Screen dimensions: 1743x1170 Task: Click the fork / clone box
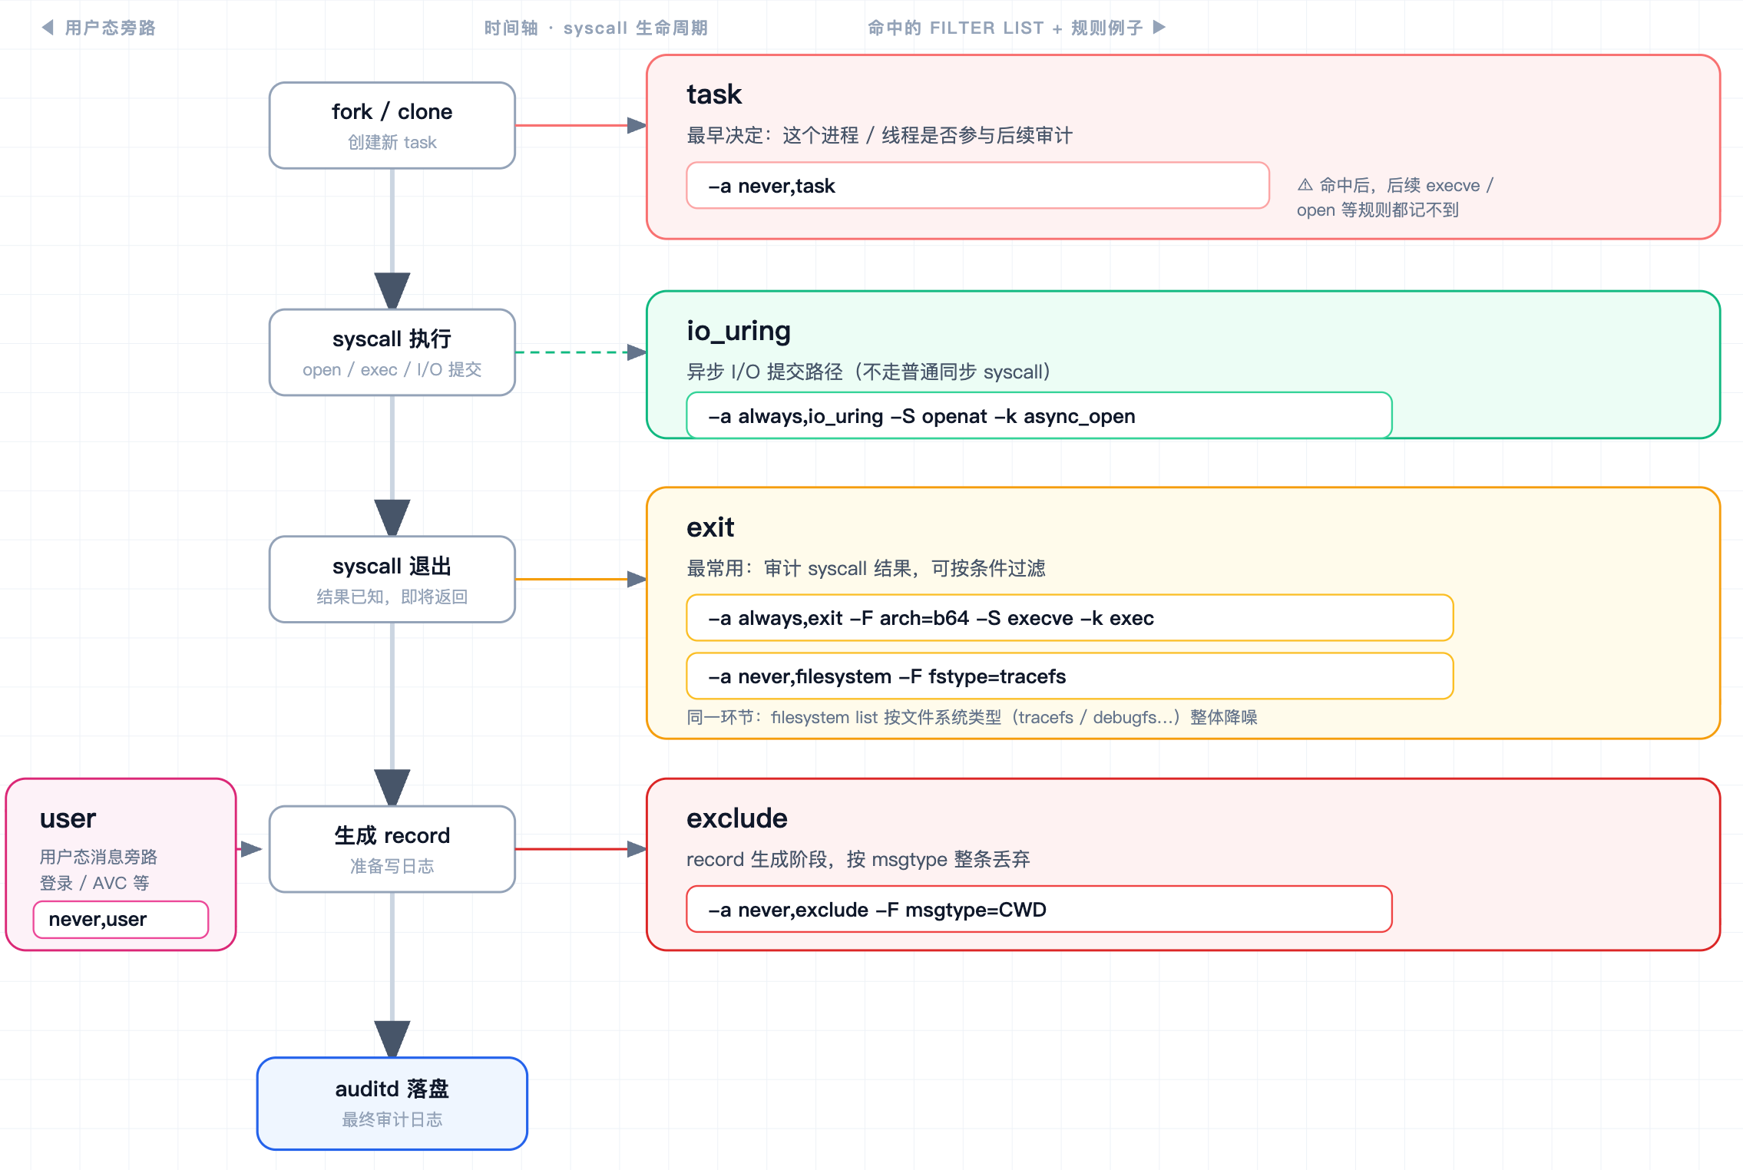[x=392, y=125]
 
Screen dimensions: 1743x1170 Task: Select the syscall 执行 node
[x=392, y=352]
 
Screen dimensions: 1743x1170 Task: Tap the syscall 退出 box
[x=392, y=580]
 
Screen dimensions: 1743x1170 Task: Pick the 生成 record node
[x=392, y=849]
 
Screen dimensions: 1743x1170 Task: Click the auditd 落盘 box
[x=392, y=1103]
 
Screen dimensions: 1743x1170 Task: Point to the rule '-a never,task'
[x=977, y=185]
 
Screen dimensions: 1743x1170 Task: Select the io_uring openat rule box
[x=1039, y=415]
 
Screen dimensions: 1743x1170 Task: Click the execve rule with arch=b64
[x=1070, y=618]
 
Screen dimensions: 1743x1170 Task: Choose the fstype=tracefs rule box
[x=1070, y=676]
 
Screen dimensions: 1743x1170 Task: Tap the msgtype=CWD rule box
[x=1039, y=909]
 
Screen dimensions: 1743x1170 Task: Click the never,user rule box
[x=121, y=919]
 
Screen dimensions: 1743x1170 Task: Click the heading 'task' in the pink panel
[x=714, y=94]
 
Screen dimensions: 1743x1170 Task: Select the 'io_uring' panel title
[x=739, y=331]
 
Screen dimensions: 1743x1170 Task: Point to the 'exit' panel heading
[x=710, y=527]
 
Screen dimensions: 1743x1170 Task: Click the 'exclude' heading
[x=737, y=818]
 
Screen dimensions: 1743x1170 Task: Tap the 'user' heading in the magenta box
[x=68, y=818]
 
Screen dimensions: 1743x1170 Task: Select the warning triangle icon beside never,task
[x=1305, y=184]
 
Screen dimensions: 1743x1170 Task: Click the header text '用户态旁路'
[x=111, y=28]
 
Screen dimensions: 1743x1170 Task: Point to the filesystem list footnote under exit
[x=971, y=717]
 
